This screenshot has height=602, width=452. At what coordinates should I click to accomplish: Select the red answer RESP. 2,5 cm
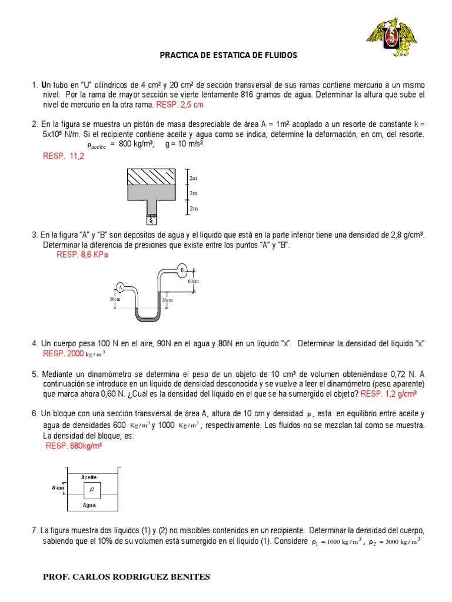click(x=179, y=105)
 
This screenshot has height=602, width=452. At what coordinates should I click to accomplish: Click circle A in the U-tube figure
click(x=120, y=287)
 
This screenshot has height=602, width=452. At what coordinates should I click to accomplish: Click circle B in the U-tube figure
click(x=182, y=270)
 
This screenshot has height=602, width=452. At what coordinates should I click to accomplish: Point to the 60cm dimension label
click(x=194, y=282)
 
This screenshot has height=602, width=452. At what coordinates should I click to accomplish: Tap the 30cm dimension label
click(x=115, y=299)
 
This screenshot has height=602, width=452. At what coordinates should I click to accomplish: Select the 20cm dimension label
click(x=168, y=300)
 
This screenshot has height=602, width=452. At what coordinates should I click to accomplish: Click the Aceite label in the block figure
click(x=89, y=477)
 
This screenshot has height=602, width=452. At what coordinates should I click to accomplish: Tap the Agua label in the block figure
click(x=89, y=504)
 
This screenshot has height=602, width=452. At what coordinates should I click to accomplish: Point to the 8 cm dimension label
click(x=58, y=488)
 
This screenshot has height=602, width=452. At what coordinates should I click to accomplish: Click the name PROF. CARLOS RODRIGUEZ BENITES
click(x=127, y=577)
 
